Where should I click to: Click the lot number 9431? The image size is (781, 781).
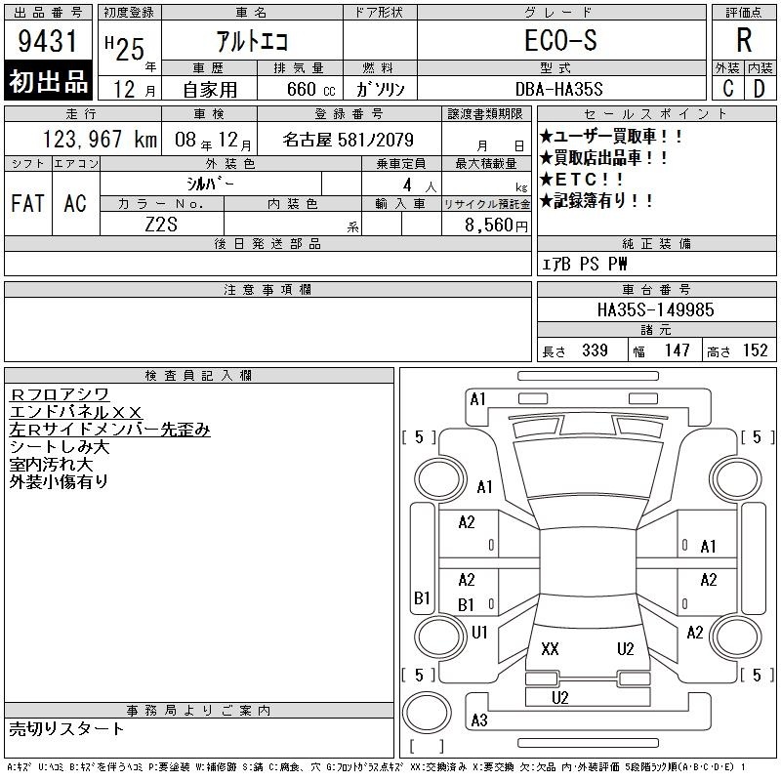(47, 41)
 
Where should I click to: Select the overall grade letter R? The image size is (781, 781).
(744, 40)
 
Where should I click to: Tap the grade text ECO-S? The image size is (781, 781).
(560, 40)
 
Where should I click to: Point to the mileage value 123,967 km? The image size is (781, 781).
(100, 139)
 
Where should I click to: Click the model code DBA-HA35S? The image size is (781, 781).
(558, 89)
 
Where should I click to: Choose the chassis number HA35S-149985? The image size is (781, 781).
(655, 309)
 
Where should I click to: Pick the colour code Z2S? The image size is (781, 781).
(161, 225)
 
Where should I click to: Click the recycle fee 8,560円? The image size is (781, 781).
(496, 226)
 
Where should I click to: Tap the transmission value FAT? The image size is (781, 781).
(27, 203)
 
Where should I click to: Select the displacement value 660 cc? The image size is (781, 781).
(310, 90)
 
